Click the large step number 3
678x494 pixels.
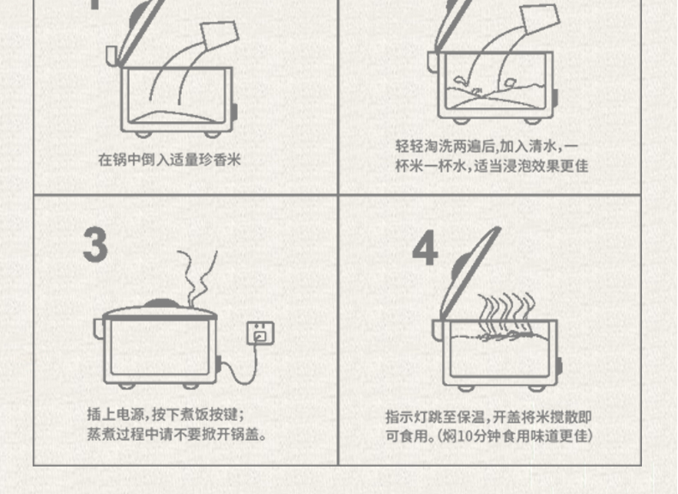coord(95,245)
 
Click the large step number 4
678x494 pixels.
coord(425,247)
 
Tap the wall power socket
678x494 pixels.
coord(260,333)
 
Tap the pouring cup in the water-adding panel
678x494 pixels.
coord(540,19)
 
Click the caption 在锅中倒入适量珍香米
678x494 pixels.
coord(169,160)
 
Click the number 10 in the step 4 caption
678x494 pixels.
coord(465,436)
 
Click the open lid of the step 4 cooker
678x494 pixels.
coord(469,273)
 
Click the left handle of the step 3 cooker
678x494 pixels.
coord(99,328)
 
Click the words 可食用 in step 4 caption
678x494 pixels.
coord(407,436)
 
